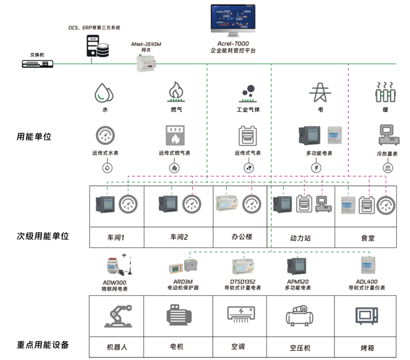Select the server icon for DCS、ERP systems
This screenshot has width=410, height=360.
click(97, 47)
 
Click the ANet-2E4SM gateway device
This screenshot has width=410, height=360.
click(147, 62)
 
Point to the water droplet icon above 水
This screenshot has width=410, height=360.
click(104, 92)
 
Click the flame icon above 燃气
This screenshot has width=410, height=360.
click(176, 92)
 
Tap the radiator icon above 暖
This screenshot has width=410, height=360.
click(385, 92)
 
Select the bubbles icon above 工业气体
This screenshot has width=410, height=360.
click(248, 92)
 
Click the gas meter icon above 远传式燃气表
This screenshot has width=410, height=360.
click(175, 136)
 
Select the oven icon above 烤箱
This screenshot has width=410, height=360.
click(367, 316)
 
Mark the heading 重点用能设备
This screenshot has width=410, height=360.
click(43, 345)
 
